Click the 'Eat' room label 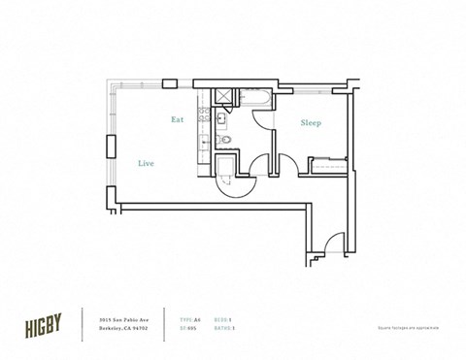click(178, 120)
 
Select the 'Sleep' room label click(311, 123)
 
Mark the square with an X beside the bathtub click(221, 97)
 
